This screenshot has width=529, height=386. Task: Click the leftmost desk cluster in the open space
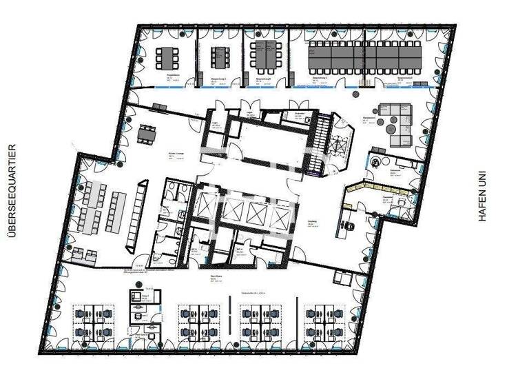tap(93, 323)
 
